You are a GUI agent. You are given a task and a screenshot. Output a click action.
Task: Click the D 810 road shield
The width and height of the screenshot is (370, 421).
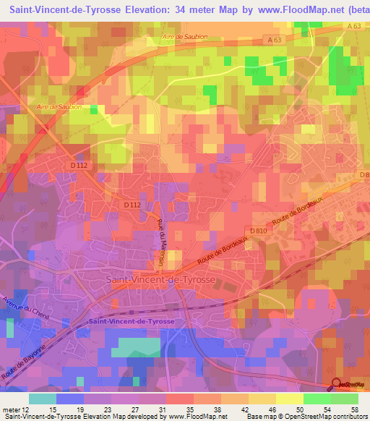coord(258,231)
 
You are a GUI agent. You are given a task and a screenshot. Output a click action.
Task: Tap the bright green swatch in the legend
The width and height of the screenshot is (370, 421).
coord(318,399)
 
